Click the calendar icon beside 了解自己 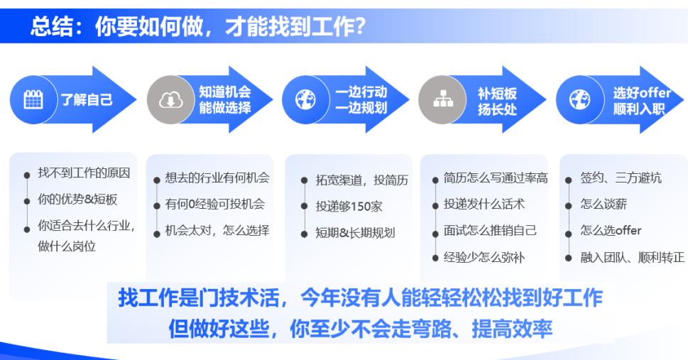pyautogui.click(x=33, y=100)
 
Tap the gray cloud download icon pyautogui.click(x=170, y=100)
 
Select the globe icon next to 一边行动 pyautogui.click(x=305, y=99)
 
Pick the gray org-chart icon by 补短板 pyautogui.click(x=443, y=99)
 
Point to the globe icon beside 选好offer pyautogui.click(x=579, y=99)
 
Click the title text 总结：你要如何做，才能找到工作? pyautogui.click(x=198, y=26)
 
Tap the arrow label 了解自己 pyautogui.click(x=87, y=99)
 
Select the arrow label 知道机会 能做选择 pyautogui.click(x=224, y=99)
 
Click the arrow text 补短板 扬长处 pyautogui.click(x=497, y=102)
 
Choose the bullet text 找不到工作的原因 pyautogui.click(x=84, y=173)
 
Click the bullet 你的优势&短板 pyautogui.click(x=77, y=200)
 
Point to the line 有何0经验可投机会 pyautogui.click(x=215, y=204)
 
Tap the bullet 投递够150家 pyautogui.click(x=349, y=207)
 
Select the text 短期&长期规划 pyautogui.click(x=355, y=233)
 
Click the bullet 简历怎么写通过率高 pyautogui.click(x=496, y=178)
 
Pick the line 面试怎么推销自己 pyautogui.click(x=490, y=231)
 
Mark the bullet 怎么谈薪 pyautogui.click(x=604, y=204)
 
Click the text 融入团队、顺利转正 pyautogui.click(x=633, y=257)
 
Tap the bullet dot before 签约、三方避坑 pyautogui.click(x=568, y=180)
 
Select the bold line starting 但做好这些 pyautogui.click(x=360, y=328)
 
